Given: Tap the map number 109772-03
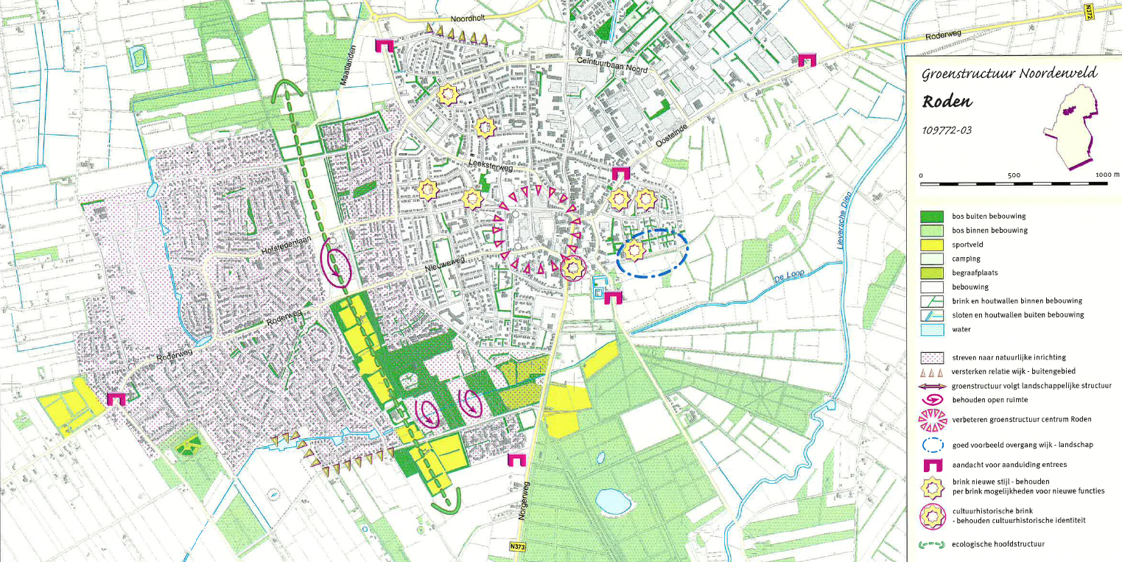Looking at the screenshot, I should coord(947,130).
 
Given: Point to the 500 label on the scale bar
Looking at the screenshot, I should coord(1014,175).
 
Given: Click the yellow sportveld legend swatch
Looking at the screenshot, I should coord(932,245).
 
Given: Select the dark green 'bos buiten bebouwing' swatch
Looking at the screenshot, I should coord(932,217).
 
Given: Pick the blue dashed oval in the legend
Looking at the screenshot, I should coord(932,445).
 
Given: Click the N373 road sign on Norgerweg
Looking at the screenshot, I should coord(519,547).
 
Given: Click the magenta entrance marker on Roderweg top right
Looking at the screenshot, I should coord(808,60).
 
